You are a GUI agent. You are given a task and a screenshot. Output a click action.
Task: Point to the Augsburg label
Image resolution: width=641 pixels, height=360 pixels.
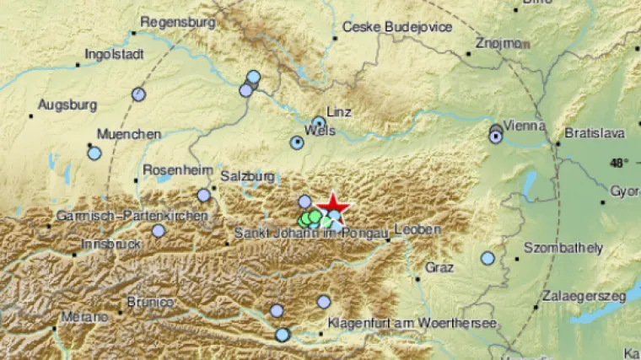[68, 107]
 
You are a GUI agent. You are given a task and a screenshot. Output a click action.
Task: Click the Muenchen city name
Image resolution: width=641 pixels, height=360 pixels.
[129, 134]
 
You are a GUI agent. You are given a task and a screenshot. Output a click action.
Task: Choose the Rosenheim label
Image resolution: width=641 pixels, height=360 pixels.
[177, 170]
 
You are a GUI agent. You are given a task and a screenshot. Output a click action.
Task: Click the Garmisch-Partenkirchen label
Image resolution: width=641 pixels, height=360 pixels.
[132, 217]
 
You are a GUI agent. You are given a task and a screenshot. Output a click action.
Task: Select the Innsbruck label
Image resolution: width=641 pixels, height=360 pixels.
[107, 243]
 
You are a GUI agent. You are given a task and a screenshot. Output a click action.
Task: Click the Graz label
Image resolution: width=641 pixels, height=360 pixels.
[439, 269]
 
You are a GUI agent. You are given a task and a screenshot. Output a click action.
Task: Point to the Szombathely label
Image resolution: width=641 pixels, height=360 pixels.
[563, 249]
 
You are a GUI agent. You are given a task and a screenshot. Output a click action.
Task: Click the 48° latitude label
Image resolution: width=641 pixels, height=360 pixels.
[620, 164]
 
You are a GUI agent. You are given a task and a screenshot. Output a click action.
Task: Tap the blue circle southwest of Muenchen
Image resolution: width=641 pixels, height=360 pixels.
[94, 153]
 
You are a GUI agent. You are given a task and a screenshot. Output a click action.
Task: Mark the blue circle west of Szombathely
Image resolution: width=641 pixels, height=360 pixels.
[487, 258]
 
